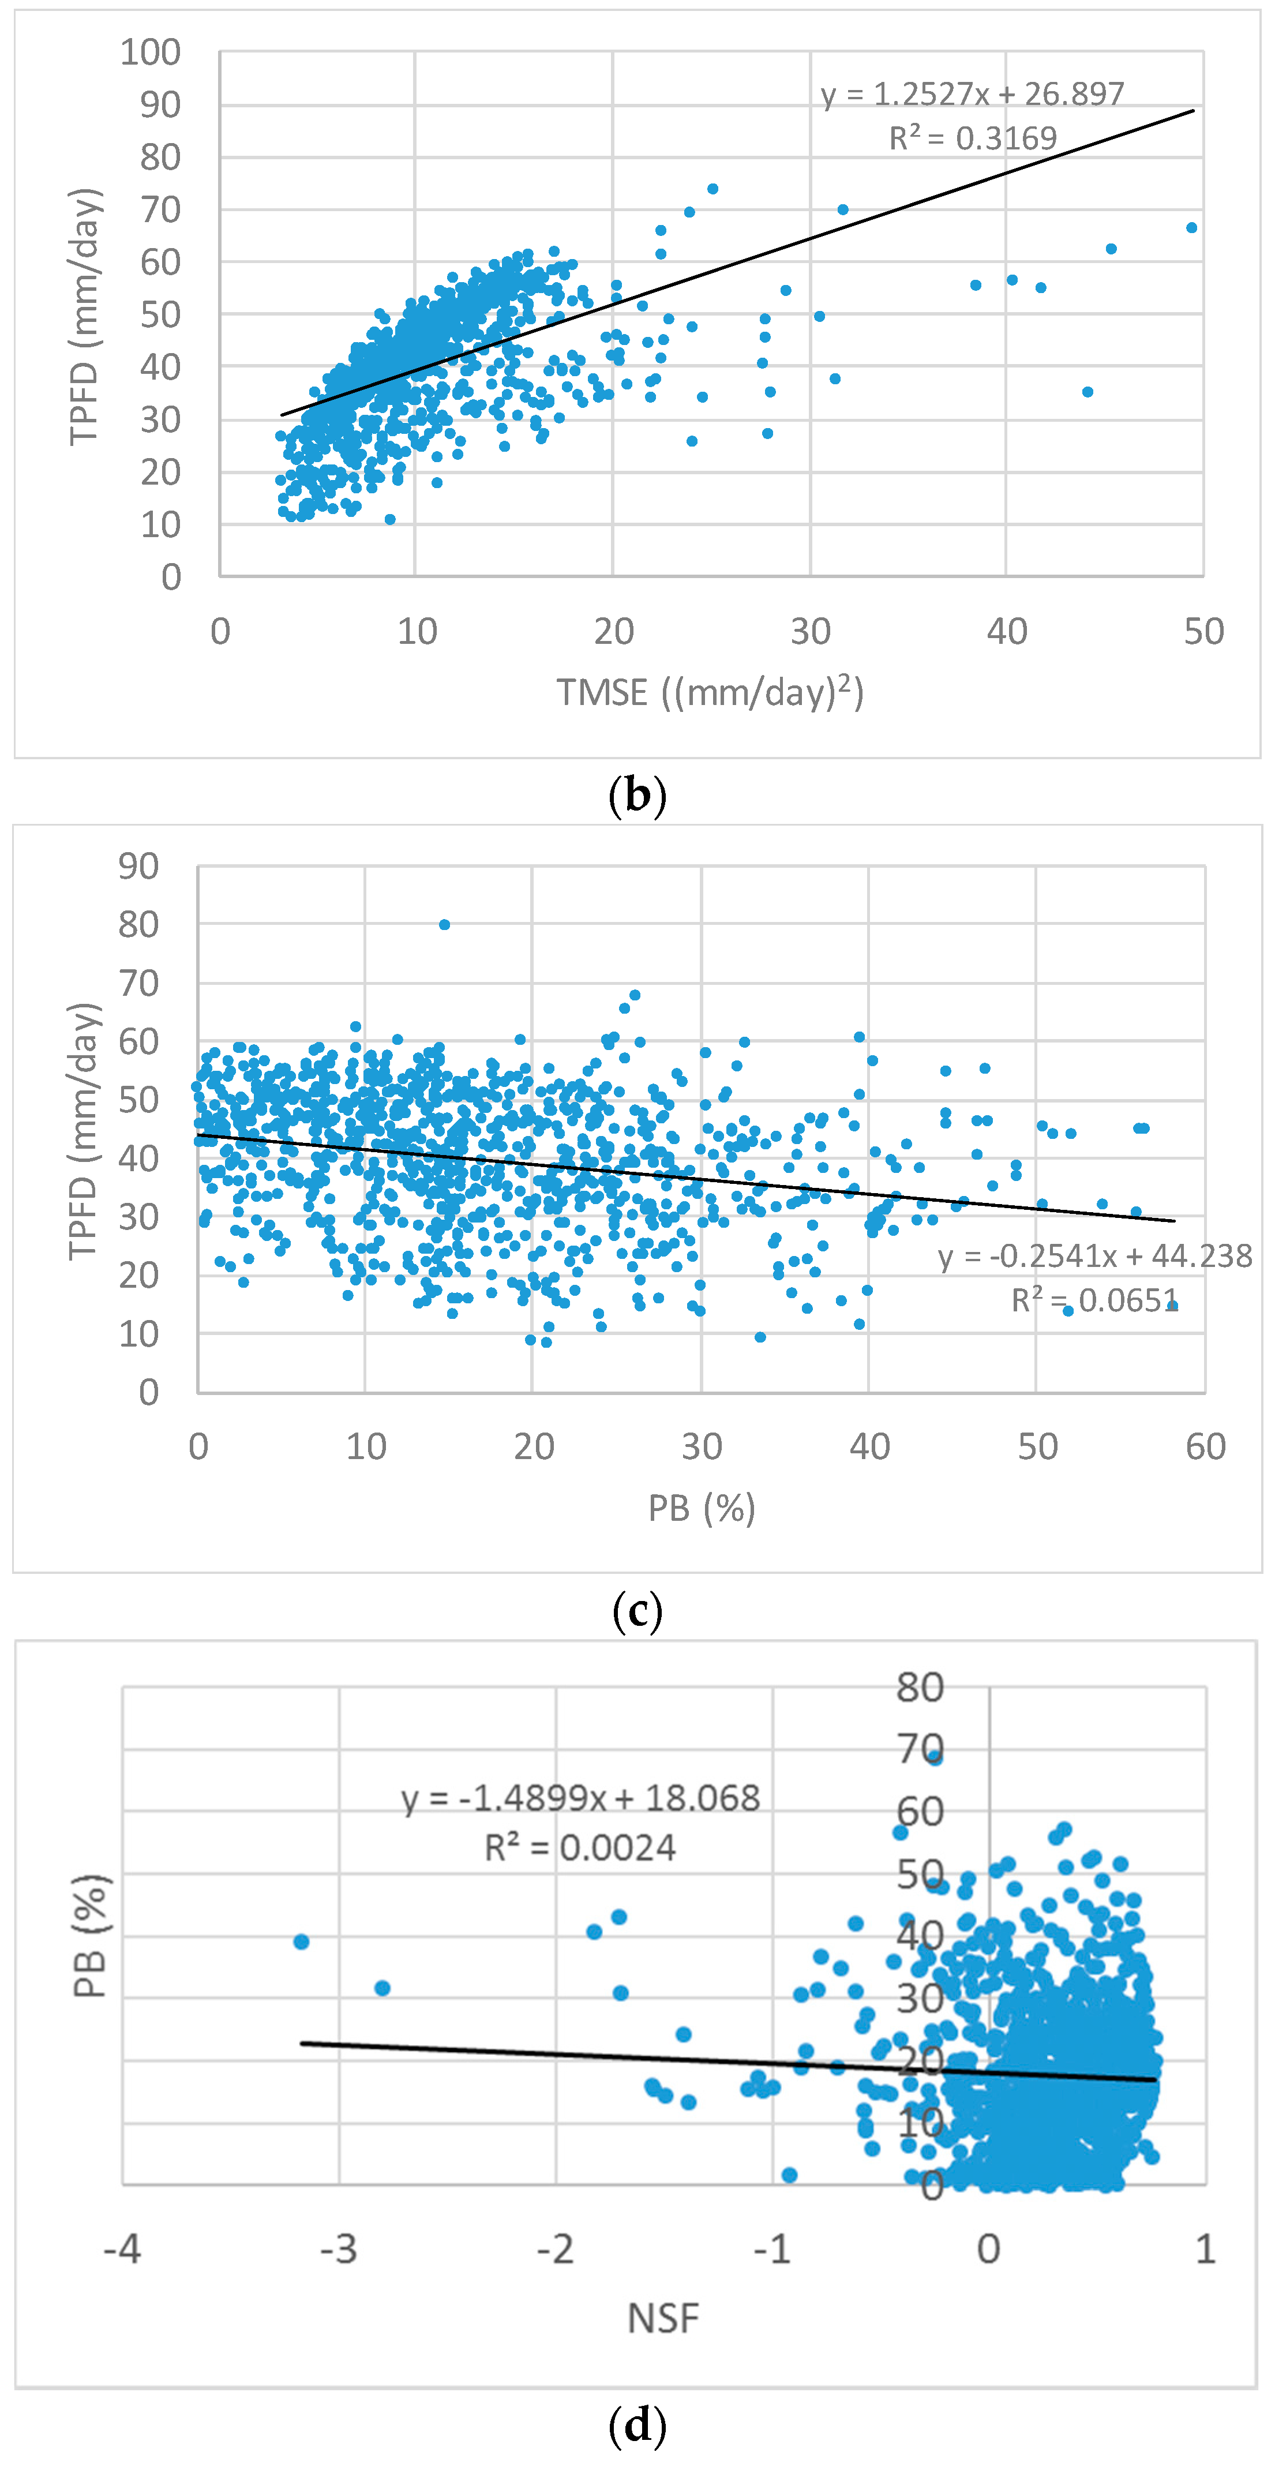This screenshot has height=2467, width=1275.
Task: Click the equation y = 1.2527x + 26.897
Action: click(x=972, y=94)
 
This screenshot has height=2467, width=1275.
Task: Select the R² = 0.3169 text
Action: click(x=972, y=139)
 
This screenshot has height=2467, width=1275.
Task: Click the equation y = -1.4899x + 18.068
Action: click(x=580, y=1798)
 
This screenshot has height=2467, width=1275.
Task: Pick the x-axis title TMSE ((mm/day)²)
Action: click(x=710, y=691)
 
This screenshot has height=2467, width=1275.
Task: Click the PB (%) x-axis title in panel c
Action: click(x=701, y=1508)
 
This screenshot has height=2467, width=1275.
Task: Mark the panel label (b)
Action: click(x=637, y=795)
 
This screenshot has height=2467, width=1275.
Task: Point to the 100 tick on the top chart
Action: click(x=151, y=53)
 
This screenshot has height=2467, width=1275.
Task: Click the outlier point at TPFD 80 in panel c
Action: click(x=444, y=924)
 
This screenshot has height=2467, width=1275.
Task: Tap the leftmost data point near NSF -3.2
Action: click(x=301, y=1941)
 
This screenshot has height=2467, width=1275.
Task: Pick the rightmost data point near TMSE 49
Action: click(x=1192, y=228)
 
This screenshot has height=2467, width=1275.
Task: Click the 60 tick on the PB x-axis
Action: click(x=1205, y=1446)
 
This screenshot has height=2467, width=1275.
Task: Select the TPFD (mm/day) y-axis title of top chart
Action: click(x=84, y=316)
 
